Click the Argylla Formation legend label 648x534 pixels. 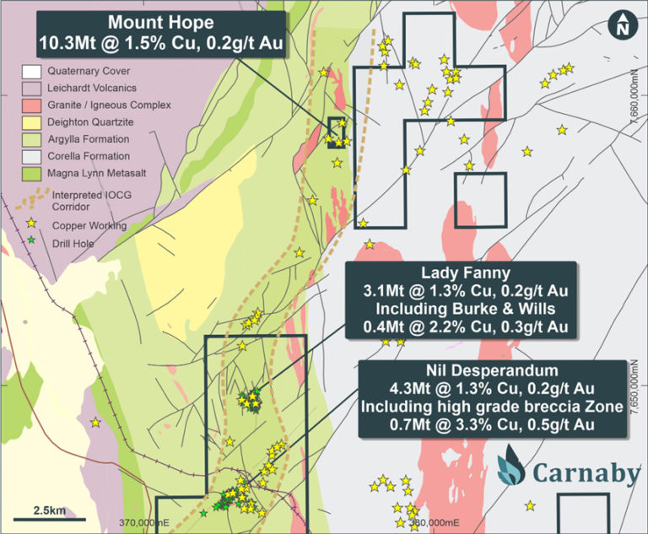click(89, 139)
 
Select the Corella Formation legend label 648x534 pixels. click(89, 156)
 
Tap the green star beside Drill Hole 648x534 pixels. click(32, 241)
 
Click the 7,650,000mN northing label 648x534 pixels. click(636, 388)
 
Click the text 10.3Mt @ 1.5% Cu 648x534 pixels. click(118, 42)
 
